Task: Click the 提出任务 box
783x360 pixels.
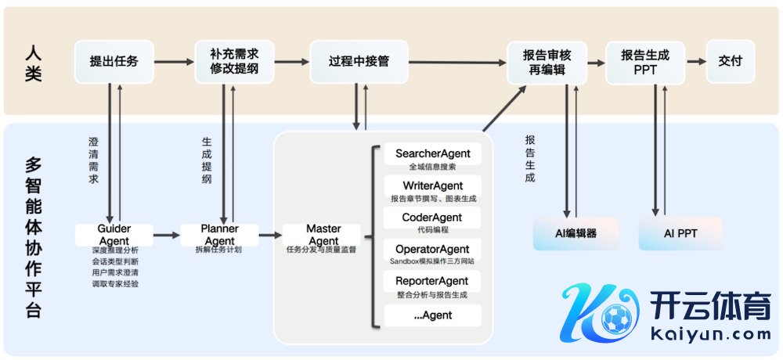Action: click(x=114, y=61)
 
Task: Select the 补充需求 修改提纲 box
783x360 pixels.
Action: click(x=234, y=61)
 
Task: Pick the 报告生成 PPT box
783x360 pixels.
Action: click(x=645, y=62)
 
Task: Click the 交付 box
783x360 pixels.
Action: click(x=729, y=61)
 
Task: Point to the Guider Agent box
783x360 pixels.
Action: click(x=114, y=234)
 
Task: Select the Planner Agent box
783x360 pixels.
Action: click(x=220, y=234)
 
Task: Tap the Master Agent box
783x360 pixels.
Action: click(x=323, y=234)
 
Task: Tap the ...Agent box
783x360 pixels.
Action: click(x=432, y=315)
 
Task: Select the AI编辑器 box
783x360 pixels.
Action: click(x=576, y=234)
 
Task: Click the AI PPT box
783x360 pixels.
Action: click(x=680, y=234)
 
